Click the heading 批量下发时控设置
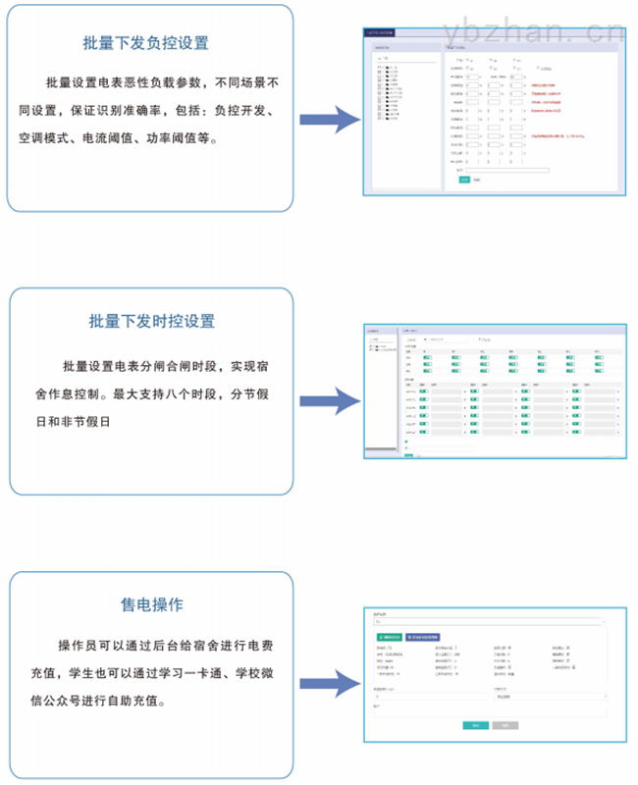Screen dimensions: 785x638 tap(151, 321)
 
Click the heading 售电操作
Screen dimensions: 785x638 tap(151, 604)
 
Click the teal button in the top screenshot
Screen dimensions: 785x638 tap(464, 180)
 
